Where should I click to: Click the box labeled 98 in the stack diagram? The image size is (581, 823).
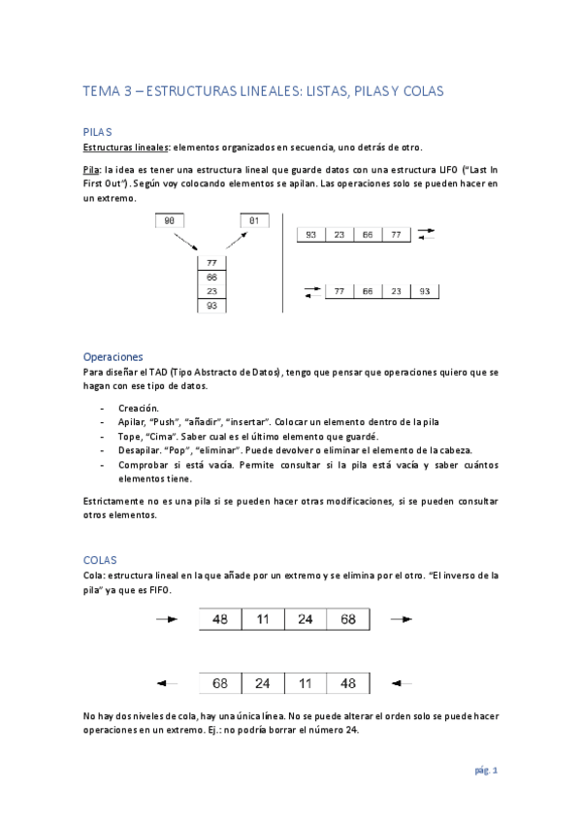tap(170, 221)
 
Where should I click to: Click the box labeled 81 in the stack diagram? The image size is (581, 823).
tap(254, 221)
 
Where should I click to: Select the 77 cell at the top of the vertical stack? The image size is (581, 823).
tap(211, 262)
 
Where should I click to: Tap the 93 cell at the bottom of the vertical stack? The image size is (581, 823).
tap(211, 306)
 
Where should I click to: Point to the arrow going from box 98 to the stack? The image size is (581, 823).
tap(192, 242)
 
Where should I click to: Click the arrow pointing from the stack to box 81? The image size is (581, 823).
tap(233, 242)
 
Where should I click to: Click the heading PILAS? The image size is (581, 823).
tap(98, 130)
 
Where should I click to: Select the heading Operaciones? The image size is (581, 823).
tap(113, 356)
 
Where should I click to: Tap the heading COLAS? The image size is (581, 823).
tap(100, 560)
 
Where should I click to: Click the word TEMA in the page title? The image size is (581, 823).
tap(99, 90)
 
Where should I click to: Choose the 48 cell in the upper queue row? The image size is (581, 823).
tap(220, 619)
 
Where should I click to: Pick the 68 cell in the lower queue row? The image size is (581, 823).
tap(220, 683)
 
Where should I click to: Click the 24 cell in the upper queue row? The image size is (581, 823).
tap(306, 619)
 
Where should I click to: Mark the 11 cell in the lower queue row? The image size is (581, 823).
tap(306, 683)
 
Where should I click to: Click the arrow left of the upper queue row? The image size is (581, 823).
tap(167, 619)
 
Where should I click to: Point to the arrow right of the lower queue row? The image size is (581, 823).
tap(403, 683)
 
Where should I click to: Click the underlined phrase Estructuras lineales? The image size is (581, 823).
tap(125, 148)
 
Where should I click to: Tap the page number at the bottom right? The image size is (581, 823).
tap(486, 771)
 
